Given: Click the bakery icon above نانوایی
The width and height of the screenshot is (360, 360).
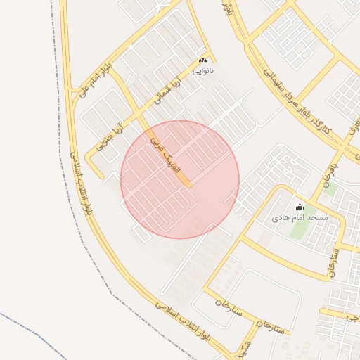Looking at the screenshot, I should [x=204, y=60].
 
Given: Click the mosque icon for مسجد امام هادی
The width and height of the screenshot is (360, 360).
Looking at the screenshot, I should [x=300, y=207].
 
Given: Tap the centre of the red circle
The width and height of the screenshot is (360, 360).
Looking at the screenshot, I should [x=180, y=179].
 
